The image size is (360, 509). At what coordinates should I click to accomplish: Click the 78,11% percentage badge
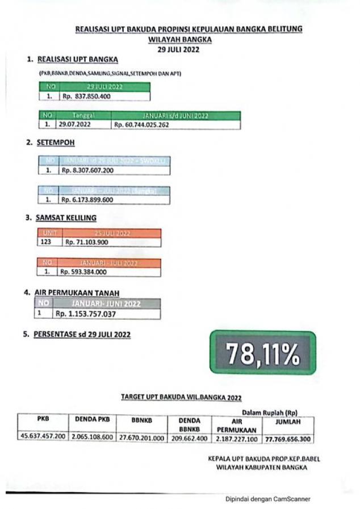[262, 352]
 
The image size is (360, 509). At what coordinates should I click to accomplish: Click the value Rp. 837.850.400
[86, 96]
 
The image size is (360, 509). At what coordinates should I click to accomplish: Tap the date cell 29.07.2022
[76, 124]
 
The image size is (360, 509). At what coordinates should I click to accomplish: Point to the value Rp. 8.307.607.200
[88, 170]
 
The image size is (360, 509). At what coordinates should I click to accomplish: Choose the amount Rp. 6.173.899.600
[87, 200]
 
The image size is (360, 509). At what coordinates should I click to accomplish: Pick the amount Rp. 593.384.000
[83, 272]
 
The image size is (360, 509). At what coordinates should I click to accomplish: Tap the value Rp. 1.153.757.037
[86, 313]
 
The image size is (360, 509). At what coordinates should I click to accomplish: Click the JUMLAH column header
[288, 422]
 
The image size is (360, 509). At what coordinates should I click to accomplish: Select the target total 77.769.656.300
[288, 439]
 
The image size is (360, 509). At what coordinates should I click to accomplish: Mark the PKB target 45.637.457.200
[43, 437]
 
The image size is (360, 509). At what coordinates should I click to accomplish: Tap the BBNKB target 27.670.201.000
[141, 438]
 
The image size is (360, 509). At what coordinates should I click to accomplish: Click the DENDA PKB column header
[92, 419]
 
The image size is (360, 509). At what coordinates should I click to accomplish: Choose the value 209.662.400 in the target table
[189, 438]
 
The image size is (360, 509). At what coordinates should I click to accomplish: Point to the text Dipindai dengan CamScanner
[267, 499]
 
